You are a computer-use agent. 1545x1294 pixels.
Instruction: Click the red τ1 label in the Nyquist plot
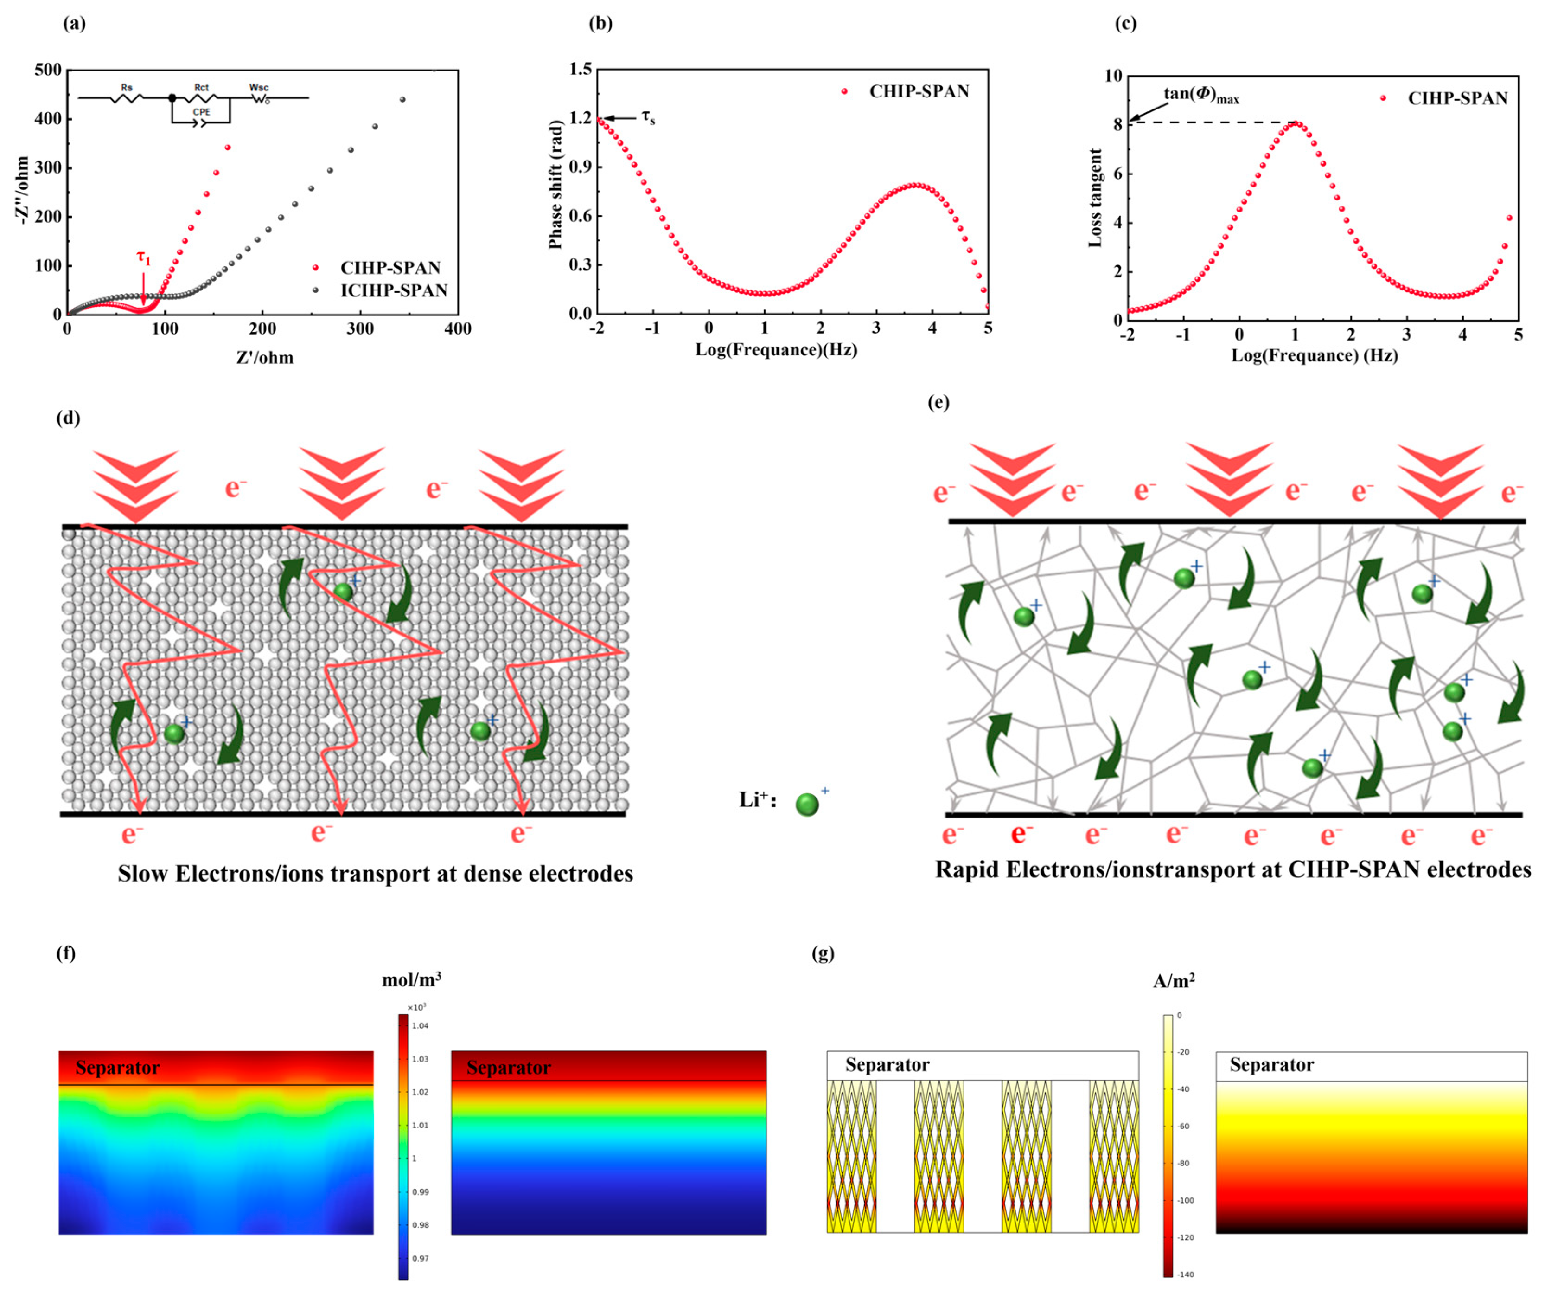coord(143,258)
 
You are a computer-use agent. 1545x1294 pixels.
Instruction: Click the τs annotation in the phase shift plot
coord(647,118)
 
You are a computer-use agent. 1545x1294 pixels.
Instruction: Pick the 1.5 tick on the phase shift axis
coord(581,69)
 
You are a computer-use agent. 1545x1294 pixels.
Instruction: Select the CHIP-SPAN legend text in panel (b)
coord(919,91)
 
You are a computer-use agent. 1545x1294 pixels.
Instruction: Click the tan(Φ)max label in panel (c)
coord(1200,94)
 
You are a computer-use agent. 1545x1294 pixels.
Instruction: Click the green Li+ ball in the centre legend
coord(807,804)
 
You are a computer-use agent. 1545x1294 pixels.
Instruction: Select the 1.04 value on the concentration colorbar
coord(420,1025)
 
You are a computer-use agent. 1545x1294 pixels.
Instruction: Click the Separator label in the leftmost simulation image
coord(118,1067)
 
